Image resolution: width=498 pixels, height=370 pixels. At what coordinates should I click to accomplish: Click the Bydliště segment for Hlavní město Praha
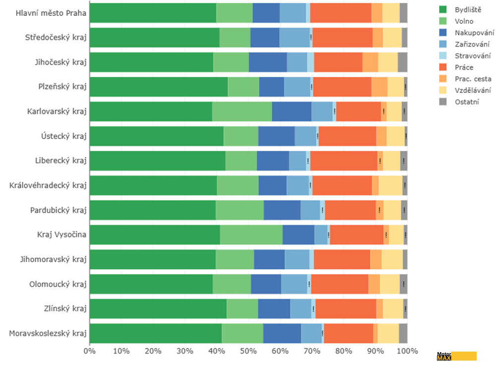coord(153,13)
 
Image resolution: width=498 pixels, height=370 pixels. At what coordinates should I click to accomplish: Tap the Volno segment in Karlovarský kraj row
coord(242,111)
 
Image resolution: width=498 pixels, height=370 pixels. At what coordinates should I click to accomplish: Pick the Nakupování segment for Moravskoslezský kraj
coord(282,333)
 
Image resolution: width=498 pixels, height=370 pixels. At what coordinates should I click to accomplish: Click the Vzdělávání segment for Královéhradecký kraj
coord(390,185)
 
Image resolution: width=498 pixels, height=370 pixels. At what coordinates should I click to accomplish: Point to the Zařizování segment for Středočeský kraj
coord(295,37)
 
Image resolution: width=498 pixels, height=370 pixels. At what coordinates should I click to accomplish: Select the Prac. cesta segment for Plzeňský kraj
coord(379,87)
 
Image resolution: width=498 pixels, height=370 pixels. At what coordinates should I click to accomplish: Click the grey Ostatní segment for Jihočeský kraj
coord(402,62)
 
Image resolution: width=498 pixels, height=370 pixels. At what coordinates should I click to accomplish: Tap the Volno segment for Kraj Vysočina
coord(251,234)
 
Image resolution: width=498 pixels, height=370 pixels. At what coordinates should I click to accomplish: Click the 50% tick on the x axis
coord(249,352)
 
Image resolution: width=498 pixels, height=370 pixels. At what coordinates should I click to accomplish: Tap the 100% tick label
coord(407,352)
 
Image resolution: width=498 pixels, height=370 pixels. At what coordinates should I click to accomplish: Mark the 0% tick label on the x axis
coord(90,352)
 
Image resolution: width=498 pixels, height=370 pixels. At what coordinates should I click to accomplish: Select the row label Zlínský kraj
coord(65,308)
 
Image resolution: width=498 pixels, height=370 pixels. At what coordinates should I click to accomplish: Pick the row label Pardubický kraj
coord(58,210)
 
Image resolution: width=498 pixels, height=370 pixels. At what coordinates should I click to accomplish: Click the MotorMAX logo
coord(456,356)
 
